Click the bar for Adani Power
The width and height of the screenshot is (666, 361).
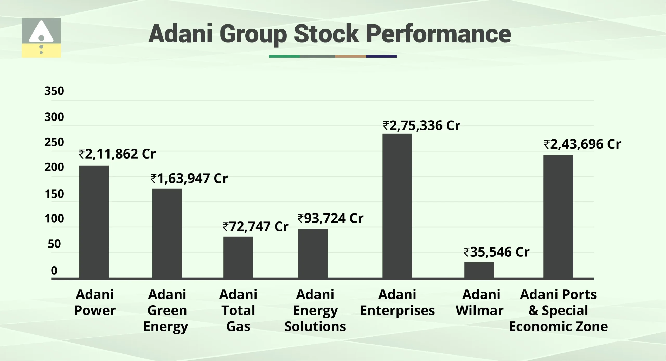point(94,222)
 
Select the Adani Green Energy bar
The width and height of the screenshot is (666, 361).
point(167,233)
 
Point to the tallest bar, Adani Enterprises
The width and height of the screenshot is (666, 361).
point(397,206)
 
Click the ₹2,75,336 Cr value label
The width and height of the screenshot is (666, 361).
point(421,126)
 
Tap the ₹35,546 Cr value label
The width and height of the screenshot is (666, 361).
point(496,252)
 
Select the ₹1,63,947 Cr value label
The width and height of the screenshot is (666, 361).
point(189,179)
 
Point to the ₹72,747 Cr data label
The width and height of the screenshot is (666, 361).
point(255,226)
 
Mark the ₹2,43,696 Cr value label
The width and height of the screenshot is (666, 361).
point(582,144)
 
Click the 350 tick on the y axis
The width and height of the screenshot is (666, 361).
point(54,91)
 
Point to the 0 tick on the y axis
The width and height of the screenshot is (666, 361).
point(54,271)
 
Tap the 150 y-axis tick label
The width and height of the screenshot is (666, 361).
point(54,194)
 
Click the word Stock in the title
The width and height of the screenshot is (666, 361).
point(326,34)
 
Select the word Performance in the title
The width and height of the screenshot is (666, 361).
point(438,34)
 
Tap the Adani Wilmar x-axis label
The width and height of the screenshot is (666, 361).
point(480,302)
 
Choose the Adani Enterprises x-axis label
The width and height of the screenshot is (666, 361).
point(397,302)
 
